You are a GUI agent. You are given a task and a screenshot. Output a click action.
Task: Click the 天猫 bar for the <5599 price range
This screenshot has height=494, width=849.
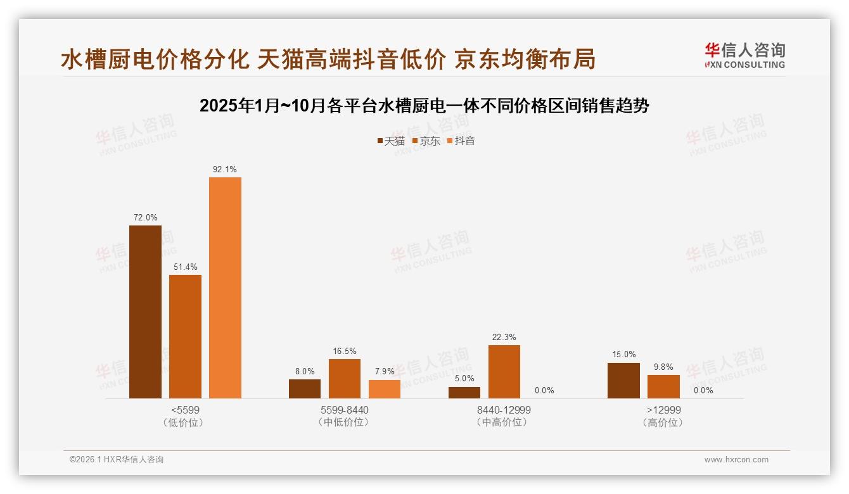[x=145, y=312]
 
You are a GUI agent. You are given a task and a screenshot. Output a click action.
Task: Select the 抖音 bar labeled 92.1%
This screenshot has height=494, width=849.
[x=225, y=288]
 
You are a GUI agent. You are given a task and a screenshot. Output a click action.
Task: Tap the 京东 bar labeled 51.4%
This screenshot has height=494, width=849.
[x=185, y=336]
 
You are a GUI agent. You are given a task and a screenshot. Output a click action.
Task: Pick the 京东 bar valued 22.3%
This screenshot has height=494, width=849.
[x=504, y=372]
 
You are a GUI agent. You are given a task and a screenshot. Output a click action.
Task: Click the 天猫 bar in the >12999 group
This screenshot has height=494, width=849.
[x=623, y=381]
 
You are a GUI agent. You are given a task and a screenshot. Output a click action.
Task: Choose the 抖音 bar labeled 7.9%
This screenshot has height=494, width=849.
[x=385, y=389]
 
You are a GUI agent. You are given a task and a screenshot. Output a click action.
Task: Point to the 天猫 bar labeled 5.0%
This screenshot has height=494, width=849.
[x=464, y=393]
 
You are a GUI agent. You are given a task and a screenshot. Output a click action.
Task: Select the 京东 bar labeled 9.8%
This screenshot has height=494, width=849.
[x=663, y=386]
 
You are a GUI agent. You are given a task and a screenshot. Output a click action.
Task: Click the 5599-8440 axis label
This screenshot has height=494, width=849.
[x=344, y=410]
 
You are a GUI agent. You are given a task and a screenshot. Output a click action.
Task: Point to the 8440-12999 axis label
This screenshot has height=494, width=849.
[x=504, y=410]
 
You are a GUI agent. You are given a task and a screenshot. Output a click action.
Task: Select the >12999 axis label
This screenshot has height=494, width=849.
[x=663, y=410]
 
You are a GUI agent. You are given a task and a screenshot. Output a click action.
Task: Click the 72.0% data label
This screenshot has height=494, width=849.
[x=145, y=218]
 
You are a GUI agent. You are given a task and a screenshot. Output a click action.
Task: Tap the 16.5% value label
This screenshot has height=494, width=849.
[x=344, y=351]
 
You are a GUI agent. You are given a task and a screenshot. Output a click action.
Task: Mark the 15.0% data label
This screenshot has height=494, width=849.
[x=623, y=355]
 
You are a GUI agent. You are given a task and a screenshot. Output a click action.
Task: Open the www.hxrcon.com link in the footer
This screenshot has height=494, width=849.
[x=736, y=460]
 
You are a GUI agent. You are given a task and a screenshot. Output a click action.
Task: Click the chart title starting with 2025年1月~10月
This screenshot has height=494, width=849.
[x=424, y=106]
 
